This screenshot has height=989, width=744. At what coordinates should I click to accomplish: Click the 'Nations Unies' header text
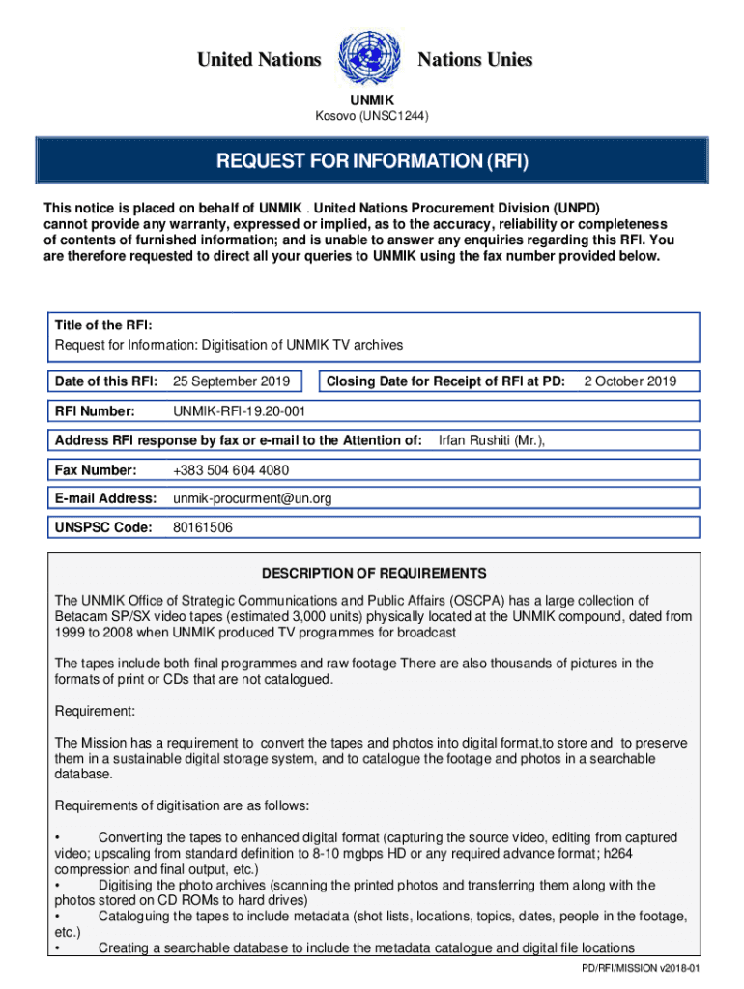pos(474,60)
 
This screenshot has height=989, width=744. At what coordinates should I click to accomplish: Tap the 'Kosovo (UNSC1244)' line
pos(372,117)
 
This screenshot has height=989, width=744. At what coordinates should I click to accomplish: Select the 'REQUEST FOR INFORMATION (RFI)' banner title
pos(371,160)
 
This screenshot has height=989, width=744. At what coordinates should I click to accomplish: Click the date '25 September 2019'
pos(230,381)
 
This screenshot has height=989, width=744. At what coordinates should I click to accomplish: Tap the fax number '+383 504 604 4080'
pos(230,470)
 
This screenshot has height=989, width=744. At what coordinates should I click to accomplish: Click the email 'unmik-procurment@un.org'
pos(252,498)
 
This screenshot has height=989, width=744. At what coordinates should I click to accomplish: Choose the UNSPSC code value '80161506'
pos(202,527)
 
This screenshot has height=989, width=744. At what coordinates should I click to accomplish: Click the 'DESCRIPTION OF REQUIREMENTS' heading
pos(372,573)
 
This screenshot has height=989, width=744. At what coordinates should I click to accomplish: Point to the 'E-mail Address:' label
pos(105,498)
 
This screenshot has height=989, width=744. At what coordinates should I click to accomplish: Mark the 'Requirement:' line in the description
pos(96,711)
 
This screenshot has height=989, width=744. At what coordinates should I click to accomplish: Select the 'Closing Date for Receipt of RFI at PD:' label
pos(445,381)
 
